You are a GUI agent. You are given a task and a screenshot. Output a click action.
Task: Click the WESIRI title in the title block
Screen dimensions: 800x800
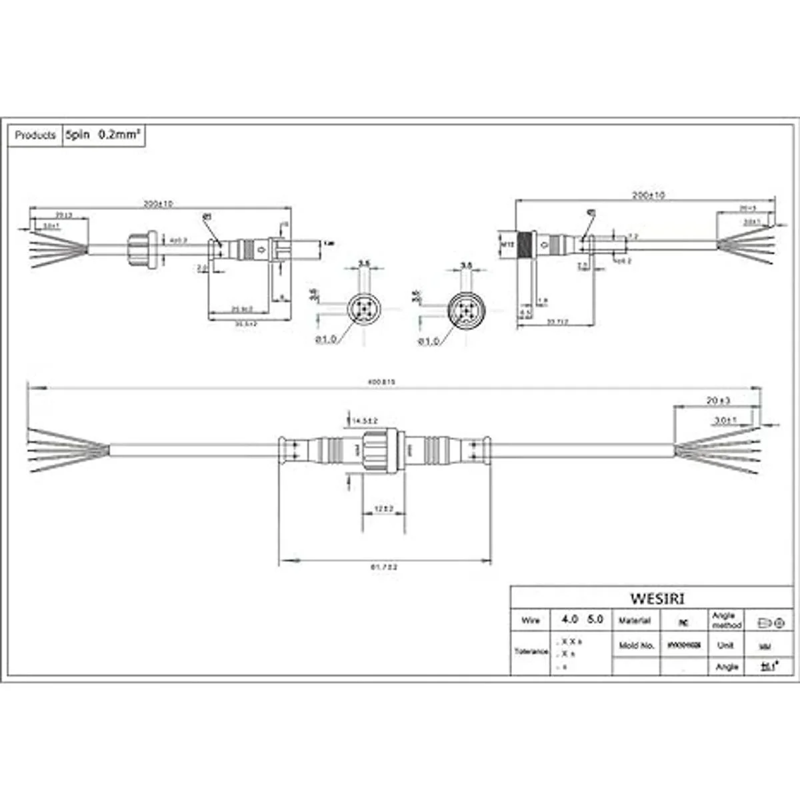point(657,598)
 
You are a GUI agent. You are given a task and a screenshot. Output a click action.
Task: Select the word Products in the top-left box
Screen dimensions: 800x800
point(35,135)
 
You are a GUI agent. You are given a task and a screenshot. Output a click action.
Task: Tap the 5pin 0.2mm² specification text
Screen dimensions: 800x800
point(103,135)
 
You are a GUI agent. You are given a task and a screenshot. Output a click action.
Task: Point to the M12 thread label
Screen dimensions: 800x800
point(506,245)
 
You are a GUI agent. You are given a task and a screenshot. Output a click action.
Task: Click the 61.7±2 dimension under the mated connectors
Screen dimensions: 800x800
point(384,567)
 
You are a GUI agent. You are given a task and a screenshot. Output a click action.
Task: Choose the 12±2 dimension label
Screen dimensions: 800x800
point(383,509)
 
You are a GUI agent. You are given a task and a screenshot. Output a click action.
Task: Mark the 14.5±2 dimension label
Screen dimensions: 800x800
point(365,421)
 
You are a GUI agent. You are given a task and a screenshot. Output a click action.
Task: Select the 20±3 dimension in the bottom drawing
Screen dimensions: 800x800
point(718,401)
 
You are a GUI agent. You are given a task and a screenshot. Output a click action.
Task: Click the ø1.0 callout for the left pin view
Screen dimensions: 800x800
point(326,340)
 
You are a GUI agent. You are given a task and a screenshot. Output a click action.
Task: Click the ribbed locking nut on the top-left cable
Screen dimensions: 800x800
point(142,249)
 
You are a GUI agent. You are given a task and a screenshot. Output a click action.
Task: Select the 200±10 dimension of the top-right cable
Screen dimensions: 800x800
point(648,195)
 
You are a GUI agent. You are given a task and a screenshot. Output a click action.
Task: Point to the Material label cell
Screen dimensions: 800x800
point(635,621)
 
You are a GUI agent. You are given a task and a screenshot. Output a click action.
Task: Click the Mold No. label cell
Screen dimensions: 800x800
point(637,645)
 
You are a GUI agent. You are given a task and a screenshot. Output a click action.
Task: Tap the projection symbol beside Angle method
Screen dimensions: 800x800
point(774,623)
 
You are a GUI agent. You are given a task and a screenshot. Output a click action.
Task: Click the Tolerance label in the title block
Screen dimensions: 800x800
point(531,651)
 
